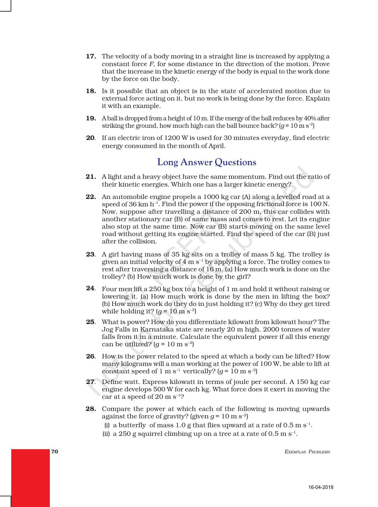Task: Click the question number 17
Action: pyautogui.click(x=91, y=56)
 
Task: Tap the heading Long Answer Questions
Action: pyautogui.click(x=207, y=162)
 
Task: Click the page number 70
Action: pyautogui.click(x=55, y=452)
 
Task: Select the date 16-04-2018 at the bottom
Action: pyautogui.click(x=321, y=487)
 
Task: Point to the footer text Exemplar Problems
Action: pyautogui.click(x=307, y=452)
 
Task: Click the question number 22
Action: pyautogui.click(x=91, y=197)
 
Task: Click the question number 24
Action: pyautogui.click(x=90, y=288)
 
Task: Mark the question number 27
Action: pyautogui.click(x=90, y=382)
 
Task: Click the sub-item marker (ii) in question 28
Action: pyautogui.click(x=106, y=433)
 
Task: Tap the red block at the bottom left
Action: pyautogui.click(x=30, y=477)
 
